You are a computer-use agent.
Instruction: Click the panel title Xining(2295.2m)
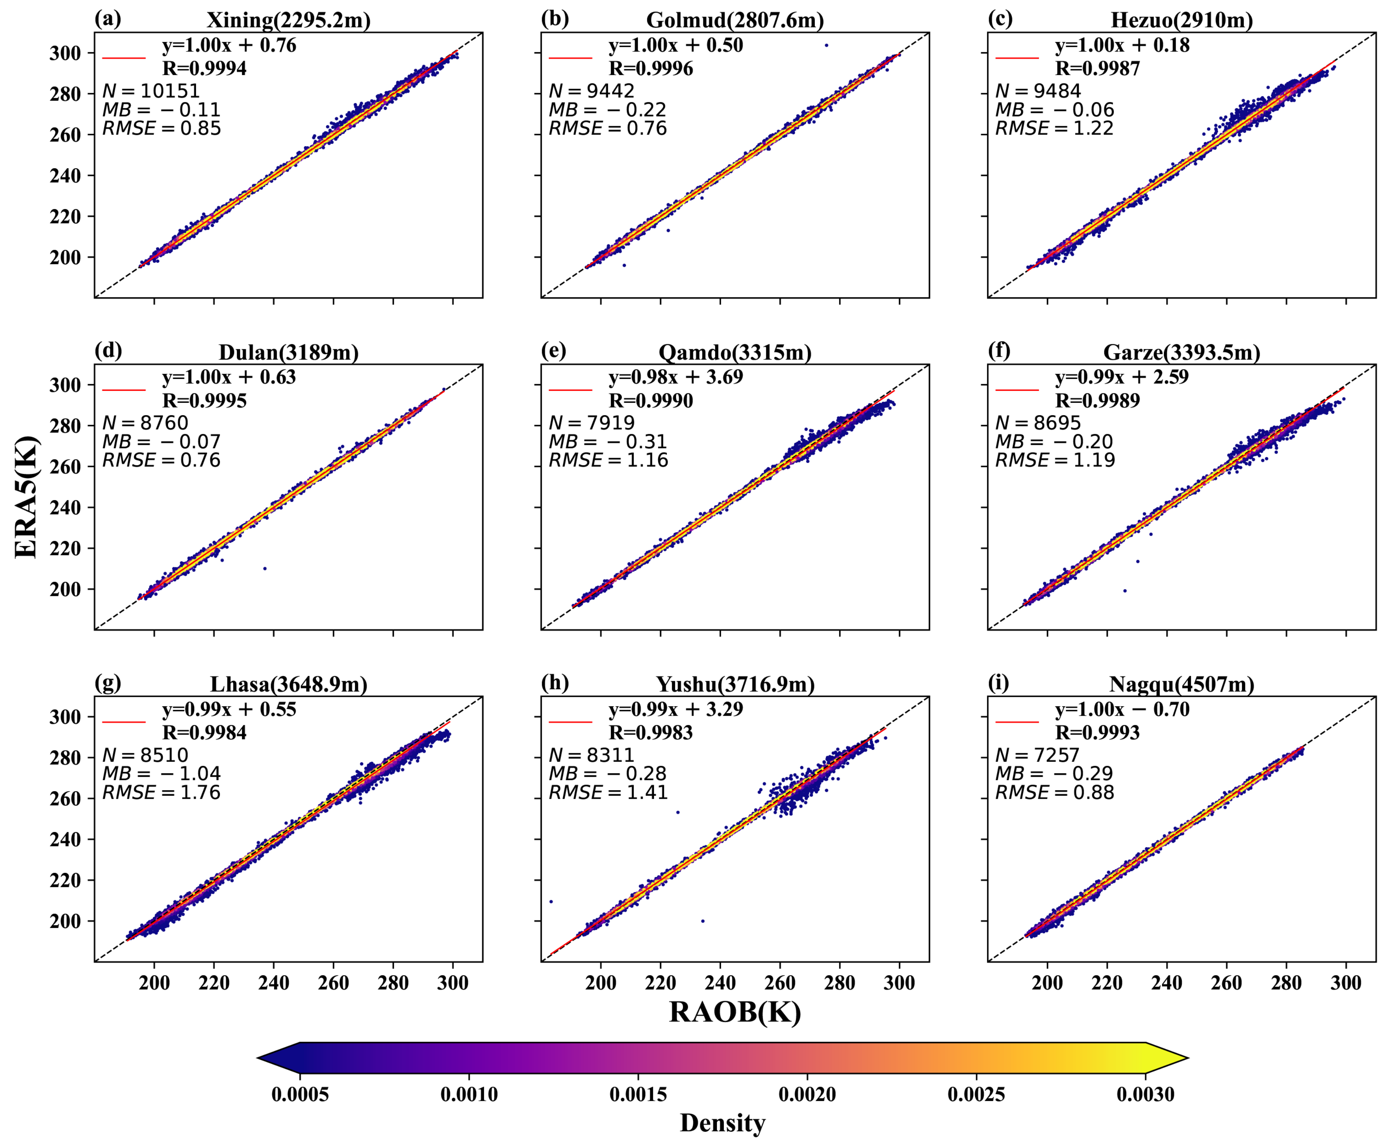click(x=289, y=20)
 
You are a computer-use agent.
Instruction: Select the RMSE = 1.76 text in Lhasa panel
click(x=162, y=792)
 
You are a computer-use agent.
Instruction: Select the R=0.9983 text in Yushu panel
click(x=651, y=732)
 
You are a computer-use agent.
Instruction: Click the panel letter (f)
click(x=999, y=350)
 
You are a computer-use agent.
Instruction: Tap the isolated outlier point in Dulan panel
click(x=265, y=568)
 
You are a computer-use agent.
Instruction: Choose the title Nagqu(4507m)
click(x=1181, y=684)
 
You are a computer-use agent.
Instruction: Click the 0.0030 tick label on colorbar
click(x=1145, y=1095)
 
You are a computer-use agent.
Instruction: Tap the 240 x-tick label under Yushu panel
click(x=720, y=983)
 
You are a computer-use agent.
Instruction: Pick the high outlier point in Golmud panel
click(x=826, y=45)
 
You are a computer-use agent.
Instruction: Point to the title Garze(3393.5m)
click(x=1181, y=352)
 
